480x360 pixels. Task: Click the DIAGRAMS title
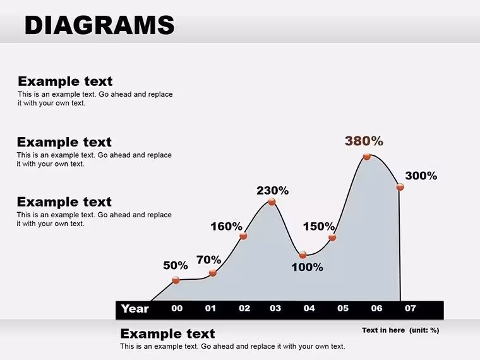pos(100,25)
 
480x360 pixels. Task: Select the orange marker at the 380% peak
pos(367,157)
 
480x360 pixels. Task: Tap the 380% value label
pos(364,141)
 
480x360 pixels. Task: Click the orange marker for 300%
pos(400,187)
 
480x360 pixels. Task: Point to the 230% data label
pos(272,191)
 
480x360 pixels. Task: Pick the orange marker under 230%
pos(272,201)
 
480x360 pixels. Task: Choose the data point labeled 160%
pos(243,236)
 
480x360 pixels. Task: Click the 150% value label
pos(319,227)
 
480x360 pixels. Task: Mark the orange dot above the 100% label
pos(303,255)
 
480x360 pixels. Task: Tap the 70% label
pos(209,260)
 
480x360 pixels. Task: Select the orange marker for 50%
pos(176,280)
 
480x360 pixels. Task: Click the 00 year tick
pos(177,308)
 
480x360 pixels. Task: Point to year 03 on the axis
pos(275,308)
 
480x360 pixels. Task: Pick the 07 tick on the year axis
pos(410,308)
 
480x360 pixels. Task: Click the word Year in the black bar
pos(135,309)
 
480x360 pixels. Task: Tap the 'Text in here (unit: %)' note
pos(400,330)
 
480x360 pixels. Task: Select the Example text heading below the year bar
pos(167,333)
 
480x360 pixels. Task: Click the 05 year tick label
pos(343,308)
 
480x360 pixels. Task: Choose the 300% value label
pos(421,176)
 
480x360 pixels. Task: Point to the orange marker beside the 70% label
pos(213,273)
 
